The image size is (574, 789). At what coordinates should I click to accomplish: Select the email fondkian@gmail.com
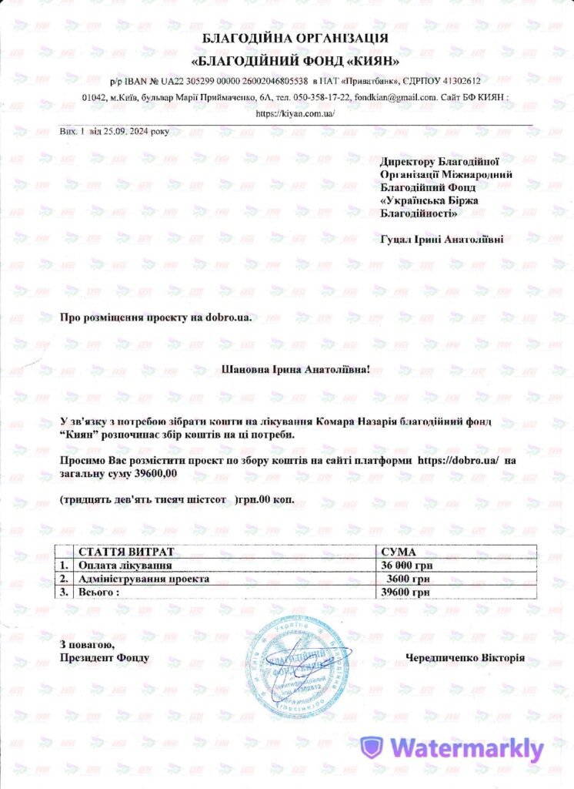click(396, 97)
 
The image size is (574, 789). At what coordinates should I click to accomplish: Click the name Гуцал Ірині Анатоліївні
click(442, 239)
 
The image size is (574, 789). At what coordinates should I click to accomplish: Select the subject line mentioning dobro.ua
click(155, 317)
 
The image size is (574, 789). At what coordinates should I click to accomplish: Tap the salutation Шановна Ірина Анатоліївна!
click(295, 370)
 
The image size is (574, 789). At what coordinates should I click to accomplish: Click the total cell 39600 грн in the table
click(405, 592)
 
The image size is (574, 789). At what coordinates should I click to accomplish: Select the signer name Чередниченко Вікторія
click(466, 658)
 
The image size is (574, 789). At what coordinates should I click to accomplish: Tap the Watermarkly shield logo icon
click(372, 747)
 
